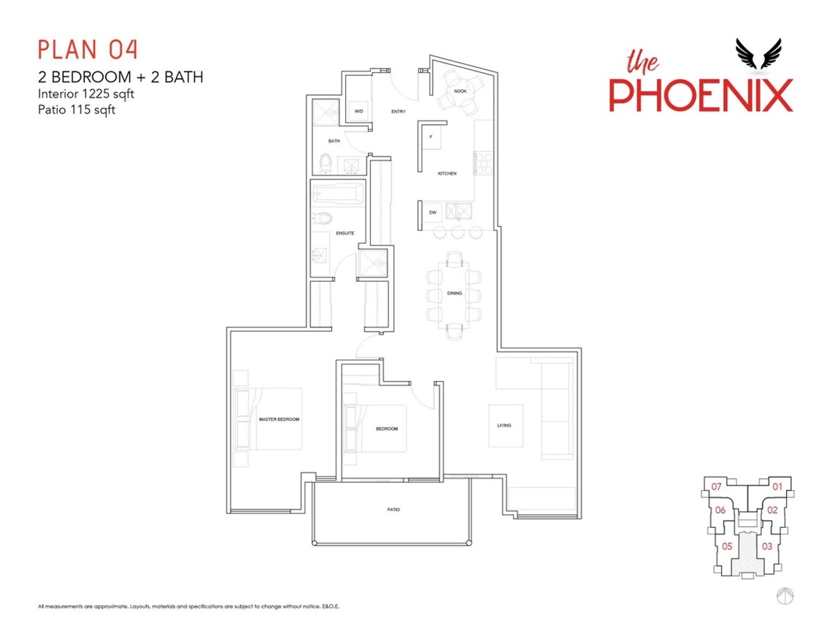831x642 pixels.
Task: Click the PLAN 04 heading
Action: tap(88, 49)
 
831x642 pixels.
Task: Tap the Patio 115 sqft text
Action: tap(76, 110)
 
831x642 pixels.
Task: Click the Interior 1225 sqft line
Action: tap(86, 94)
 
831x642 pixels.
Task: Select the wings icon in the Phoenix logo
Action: tap(758, 53)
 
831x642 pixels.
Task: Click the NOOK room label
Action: tap(460, 91)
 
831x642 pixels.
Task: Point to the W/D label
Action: tap(359, 111)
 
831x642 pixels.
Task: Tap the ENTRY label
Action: tap(399, 112)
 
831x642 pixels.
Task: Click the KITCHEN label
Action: tap(447, 173)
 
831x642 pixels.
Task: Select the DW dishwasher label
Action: tap(432, 213)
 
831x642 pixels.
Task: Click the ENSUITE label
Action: tap(345, 233)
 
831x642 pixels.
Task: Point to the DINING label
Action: tap(454, 293)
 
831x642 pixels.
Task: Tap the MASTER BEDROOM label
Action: tap(279, 419)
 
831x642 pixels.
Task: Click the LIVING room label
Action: tap(504, 425)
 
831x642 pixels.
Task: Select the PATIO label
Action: tap(393, 509)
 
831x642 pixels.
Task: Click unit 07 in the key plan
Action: tap(716, 486)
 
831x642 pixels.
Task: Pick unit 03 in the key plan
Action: tap(767, 546)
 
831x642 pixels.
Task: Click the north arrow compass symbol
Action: tap(785, 596)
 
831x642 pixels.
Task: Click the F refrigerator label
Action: tap(431, 137)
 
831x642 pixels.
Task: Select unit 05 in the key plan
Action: tap(727, 546)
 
